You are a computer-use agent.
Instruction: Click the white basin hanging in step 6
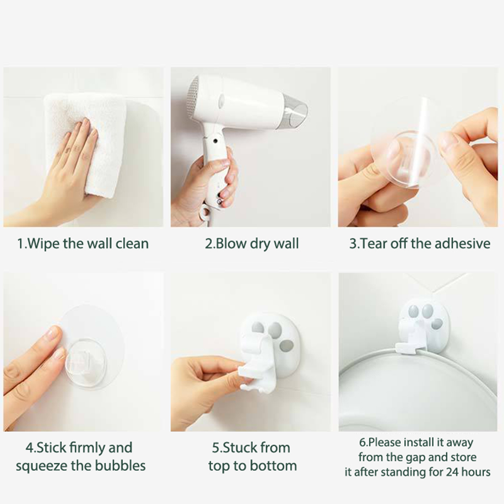coord(418,395)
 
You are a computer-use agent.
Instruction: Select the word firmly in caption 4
coord(84,448)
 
